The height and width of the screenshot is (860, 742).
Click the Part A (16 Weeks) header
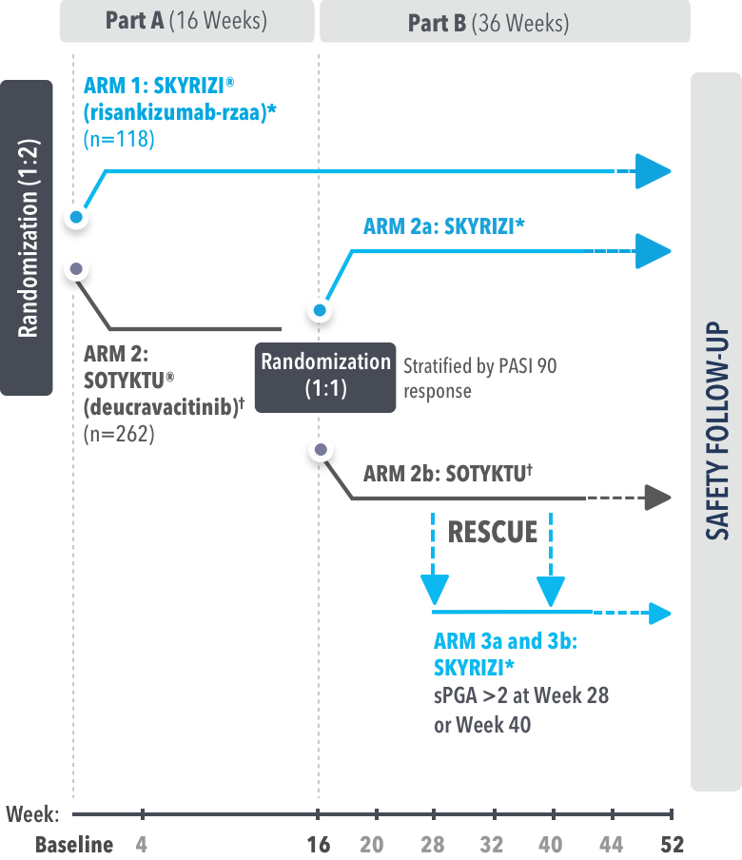[x=185, y=21]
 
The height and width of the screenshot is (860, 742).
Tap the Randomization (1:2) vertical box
[x=27, y=238]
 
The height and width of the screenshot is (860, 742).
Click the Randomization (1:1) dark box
[x=325, y=376]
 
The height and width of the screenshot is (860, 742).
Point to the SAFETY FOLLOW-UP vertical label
[x=715, y=430]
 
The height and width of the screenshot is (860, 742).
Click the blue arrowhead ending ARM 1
[x=654, y=171]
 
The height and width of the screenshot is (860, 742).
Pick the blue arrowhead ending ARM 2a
[x=654, y=250]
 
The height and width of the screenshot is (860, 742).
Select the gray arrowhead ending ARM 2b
[x=657, y=498]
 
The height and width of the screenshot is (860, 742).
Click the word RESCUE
[x=493, y=531]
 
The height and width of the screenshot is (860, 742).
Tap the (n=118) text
[x=119, y=140]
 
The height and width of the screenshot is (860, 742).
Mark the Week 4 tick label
[x=142, y=844]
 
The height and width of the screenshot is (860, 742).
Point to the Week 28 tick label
[x=434, y=844]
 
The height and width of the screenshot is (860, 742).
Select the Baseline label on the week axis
[x=74, y=844]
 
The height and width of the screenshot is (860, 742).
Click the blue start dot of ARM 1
[x=77, y=218]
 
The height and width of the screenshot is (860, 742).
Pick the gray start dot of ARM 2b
[x=322, y=449]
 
